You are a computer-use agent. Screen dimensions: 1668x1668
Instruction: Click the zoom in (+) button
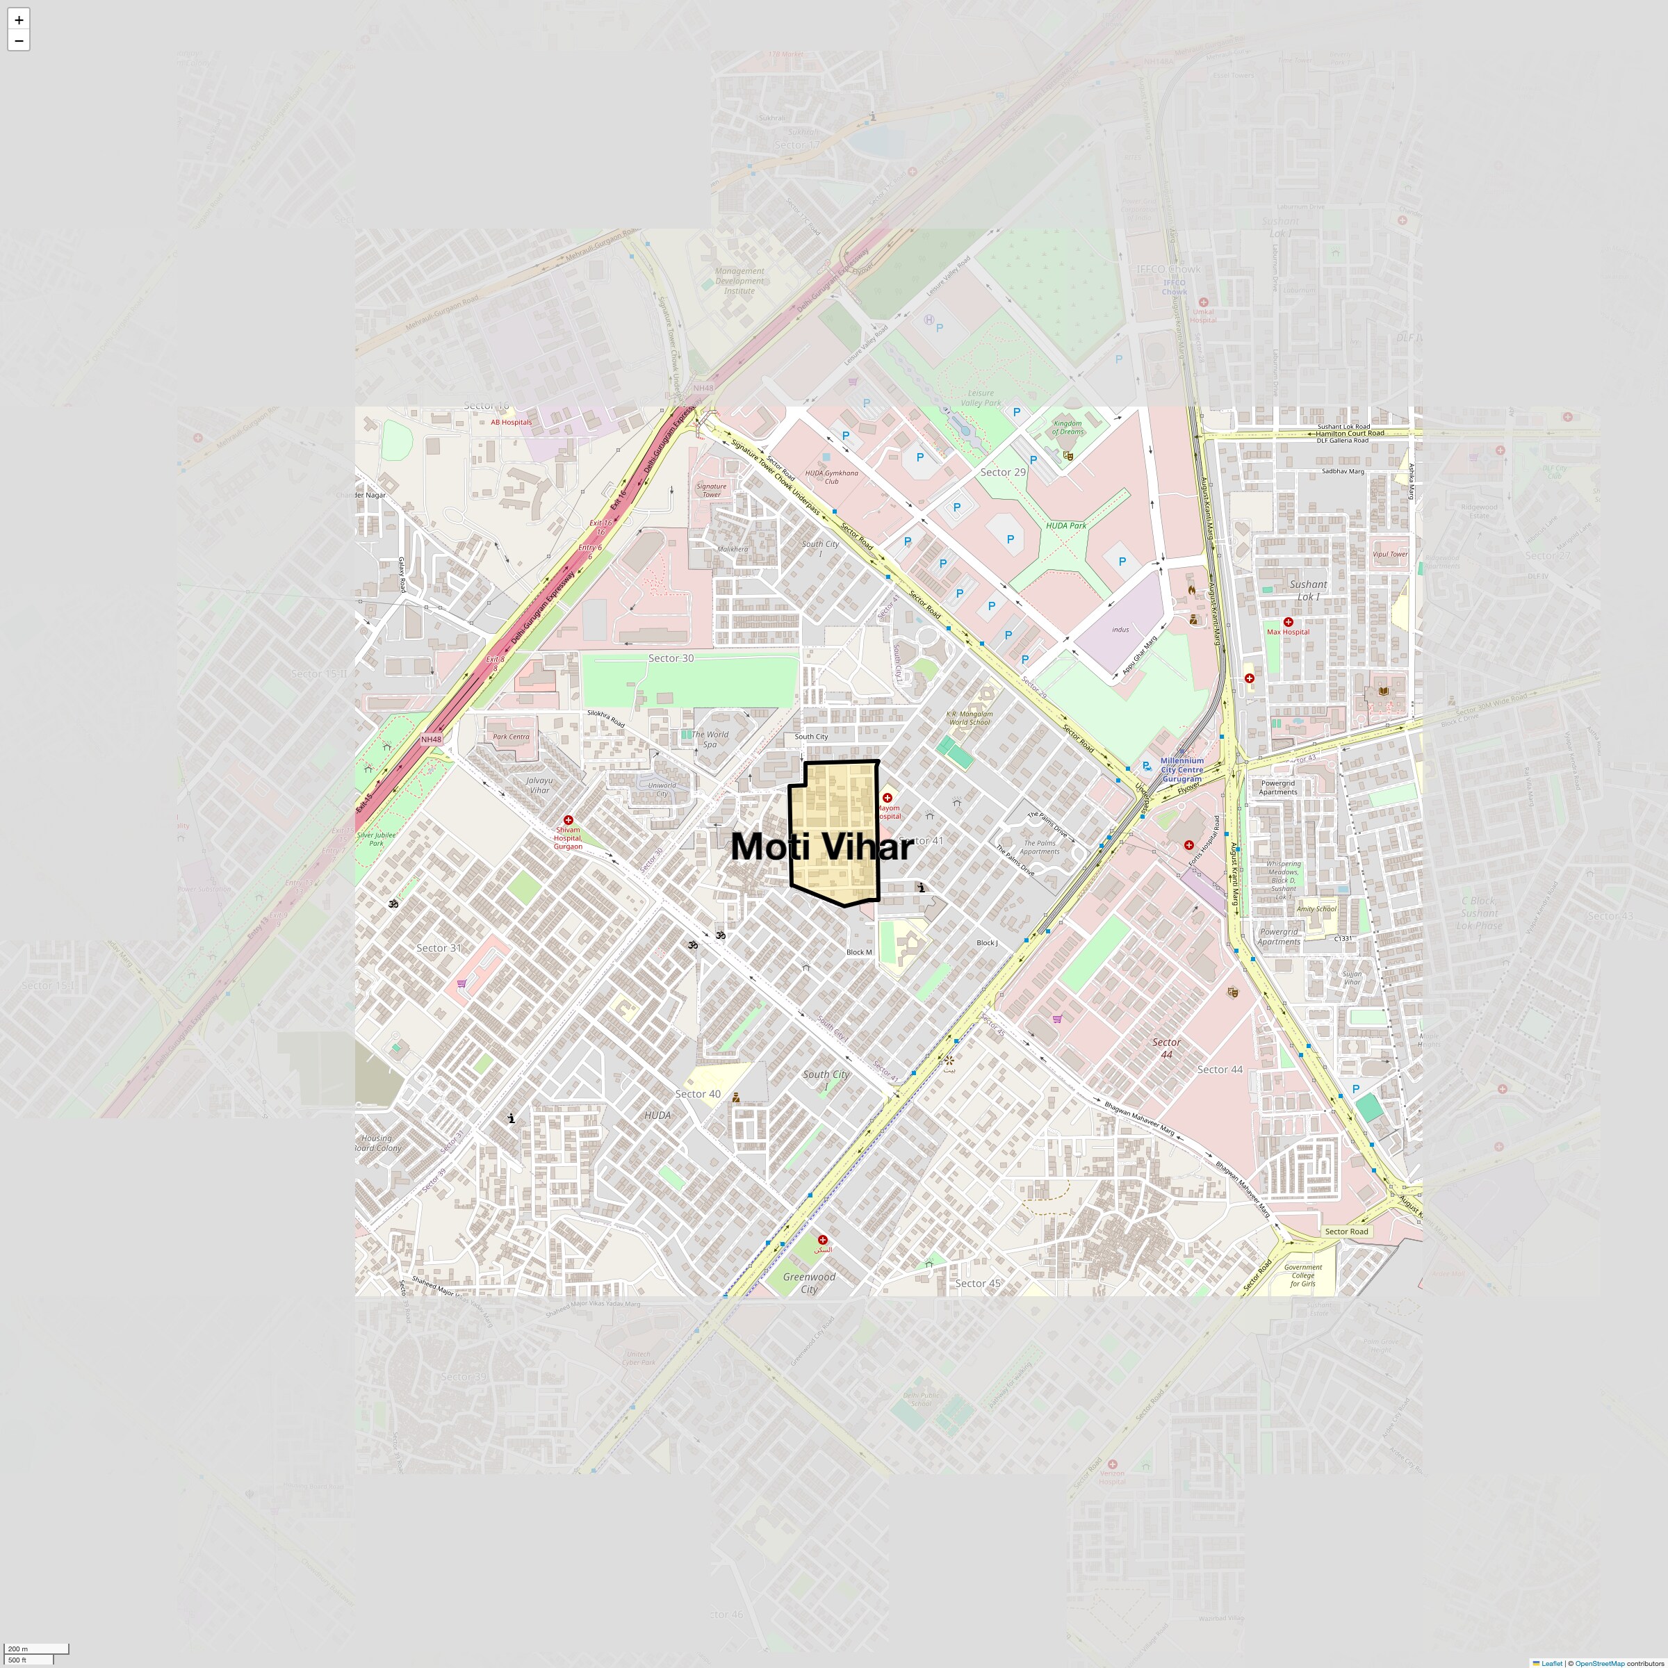(x=18, y=19)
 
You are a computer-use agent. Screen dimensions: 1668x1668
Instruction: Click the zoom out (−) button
(x=18, y=40)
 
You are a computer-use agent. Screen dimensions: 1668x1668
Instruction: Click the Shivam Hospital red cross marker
(x=568, y=819)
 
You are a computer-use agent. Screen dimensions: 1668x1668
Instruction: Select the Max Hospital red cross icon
(x=1288, y=621)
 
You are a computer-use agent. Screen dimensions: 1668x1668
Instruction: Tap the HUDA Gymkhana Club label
(x=831, y=477)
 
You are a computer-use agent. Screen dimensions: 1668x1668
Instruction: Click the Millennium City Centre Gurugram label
(x=1181, y=769)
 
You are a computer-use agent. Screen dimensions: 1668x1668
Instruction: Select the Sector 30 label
(x=671, y=658)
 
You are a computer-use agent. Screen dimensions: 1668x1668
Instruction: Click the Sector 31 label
(x=439, y=948)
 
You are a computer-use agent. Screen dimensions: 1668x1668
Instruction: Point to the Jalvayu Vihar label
(x=539, y=785)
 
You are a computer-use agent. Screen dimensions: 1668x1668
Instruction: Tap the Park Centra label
(x=511, y=737)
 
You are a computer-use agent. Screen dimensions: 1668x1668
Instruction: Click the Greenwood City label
(x=809, y=1283)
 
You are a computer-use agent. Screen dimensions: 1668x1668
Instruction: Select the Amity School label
(x=1316, y=909)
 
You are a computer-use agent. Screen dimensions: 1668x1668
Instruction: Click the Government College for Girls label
(x=1303, y=1275)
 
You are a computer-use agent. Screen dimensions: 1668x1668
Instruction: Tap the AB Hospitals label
(x=511, y=422)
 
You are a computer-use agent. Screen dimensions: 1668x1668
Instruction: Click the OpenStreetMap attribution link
(x=1599, y=1663)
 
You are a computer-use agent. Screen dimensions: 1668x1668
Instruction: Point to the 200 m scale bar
(x=36, y=1648)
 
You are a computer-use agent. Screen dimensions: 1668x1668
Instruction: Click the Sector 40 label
(x=698, y=1094)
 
